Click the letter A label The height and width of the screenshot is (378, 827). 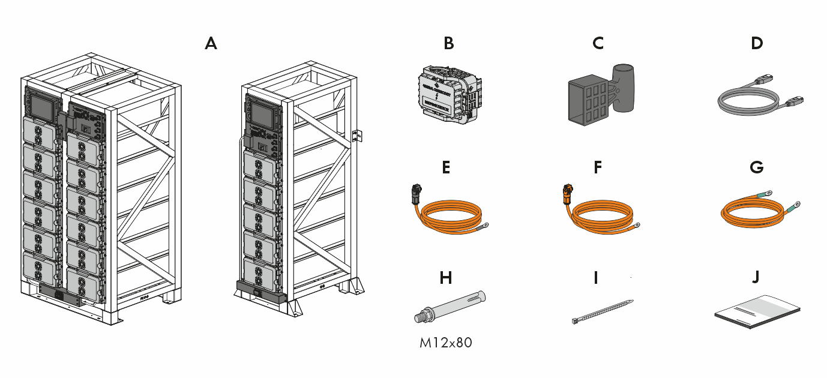pos(211,43)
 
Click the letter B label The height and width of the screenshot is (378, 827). pos(448,43)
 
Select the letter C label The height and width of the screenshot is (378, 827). pos(598,43)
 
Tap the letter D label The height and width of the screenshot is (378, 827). pos(757,43)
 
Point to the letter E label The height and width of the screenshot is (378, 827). pos(445,167)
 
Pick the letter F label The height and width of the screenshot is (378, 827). pos(597,167)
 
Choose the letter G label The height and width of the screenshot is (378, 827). pos(757,167)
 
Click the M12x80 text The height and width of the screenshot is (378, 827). pos(446,343)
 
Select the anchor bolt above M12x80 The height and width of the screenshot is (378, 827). pos(450,305)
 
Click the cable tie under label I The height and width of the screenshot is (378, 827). pos(602,312)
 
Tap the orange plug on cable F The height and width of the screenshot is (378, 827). pos(567,194)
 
